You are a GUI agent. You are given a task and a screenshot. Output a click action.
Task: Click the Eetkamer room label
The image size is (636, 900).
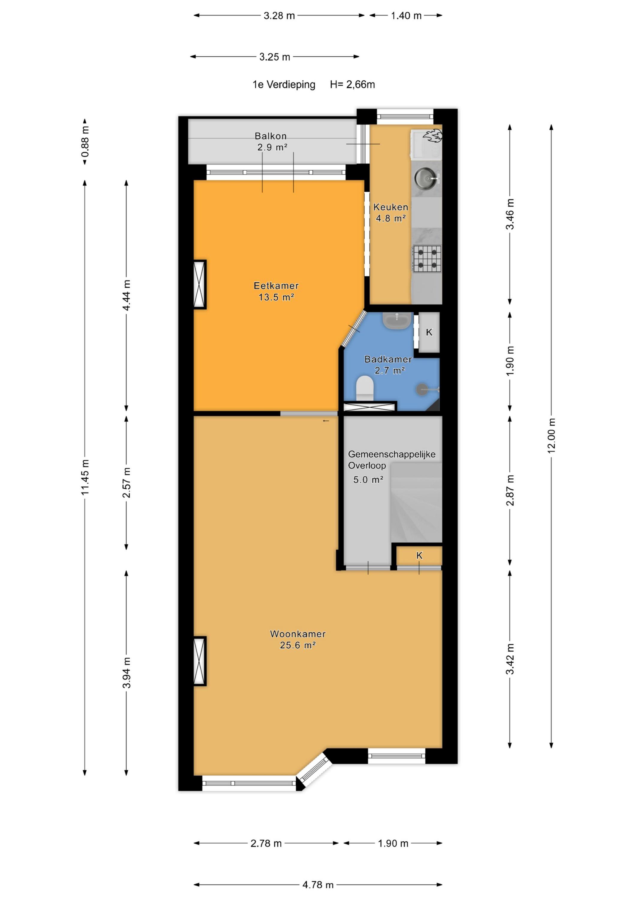tap(276, 286)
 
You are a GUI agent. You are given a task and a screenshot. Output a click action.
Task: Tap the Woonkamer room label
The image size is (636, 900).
tap(298, 634)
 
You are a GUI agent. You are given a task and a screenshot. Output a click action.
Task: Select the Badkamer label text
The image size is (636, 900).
tap(388, 359)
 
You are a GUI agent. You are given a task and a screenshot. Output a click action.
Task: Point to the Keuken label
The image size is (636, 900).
tap(391, 207)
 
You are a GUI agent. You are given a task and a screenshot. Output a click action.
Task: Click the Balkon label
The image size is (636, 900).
tap(271, 136)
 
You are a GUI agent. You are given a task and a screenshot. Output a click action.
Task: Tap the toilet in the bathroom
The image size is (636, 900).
tap(364, 388)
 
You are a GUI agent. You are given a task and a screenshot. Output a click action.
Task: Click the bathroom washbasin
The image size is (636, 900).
tap(397, 321)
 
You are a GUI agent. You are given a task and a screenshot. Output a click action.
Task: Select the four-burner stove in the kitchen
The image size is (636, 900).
tap(427, 259)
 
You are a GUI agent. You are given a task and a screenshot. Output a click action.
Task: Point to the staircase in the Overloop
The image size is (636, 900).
tap(416, 502)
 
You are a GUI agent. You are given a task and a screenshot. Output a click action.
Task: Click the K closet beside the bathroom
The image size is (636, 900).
tap(429, 332)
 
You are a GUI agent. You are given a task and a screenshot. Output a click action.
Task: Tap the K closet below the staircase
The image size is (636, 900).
tap(419, 555)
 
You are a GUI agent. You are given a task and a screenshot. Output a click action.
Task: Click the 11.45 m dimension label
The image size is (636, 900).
tap(85, 477)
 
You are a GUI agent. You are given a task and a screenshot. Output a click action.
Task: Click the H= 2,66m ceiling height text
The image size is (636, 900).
tap(352, 85)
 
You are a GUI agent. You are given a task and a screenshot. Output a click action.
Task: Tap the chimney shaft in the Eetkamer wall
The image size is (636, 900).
tap(200, 284)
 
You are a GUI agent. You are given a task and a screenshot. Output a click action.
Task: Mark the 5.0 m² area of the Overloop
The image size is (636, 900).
tap(368, 479)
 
